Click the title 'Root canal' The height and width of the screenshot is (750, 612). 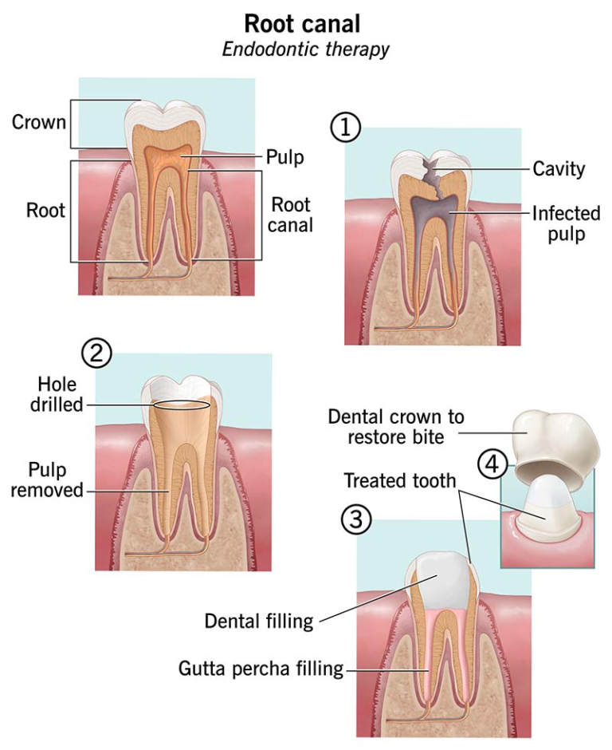(x=305, y=22)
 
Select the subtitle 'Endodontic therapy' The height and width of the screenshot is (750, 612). (x=305, y=49)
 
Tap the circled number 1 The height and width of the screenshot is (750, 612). (x=346, y=128)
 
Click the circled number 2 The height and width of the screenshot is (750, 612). (x=96, y=353)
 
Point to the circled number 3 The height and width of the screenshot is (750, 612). (x=356, y=519)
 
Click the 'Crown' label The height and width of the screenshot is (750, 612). (x=38, y=123)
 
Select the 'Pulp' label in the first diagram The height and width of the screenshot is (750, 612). (x=285, y=157)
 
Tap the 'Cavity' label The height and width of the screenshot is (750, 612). (x=559, y=168)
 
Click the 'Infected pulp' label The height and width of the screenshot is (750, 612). (x=566, y=224)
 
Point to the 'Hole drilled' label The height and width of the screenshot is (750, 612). (x=57, y=395)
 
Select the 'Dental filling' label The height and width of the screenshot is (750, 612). (x=259, y=621)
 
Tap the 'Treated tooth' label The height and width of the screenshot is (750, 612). (x=399, y=480)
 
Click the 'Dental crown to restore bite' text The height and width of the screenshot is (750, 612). (x=396, y=428)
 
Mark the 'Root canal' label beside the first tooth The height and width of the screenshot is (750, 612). (x=290, y=213)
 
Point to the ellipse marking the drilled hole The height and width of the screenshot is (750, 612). (x=182, y=405)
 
